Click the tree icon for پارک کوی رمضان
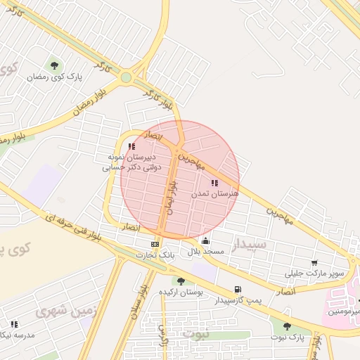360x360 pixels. (x=54, y=66)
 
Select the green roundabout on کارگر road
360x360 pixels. (x=127, y=77)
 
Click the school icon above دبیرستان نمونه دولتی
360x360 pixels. (x=131, y=146)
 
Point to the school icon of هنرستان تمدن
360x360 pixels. (x=214, y=183)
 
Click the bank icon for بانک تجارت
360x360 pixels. (x=154, y=244)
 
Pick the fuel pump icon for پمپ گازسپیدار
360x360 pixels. (x=238, y=289)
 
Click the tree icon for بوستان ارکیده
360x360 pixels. (x=181, y=281)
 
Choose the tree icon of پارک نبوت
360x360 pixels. (x=286, y=326)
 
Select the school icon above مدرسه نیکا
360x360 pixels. (x=13, y=324)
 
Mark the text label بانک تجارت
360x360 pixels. (x=155, y=255)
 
